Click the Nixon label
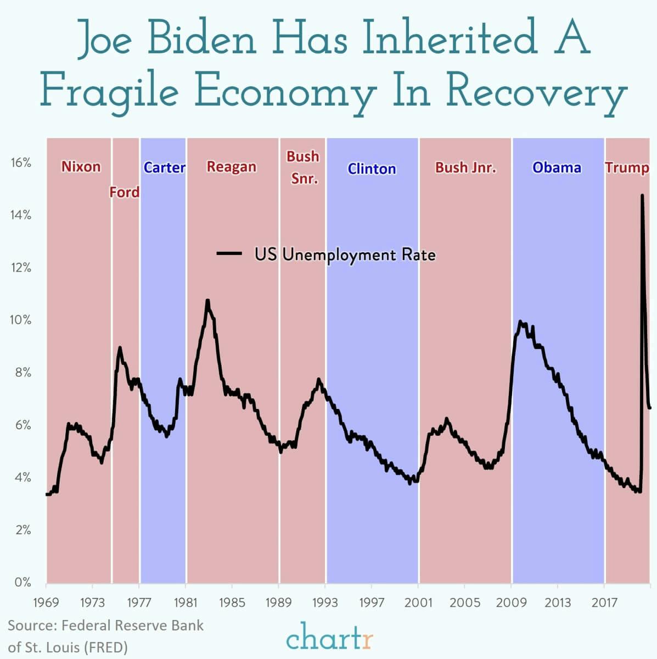81,167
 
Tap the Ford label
125,192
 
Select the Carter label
164,167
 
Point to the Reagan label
231,167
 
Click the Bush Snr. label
302,167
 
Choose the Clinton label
372,169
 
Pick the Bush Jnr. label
465,167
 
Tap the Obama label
557,167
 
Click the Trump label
627,168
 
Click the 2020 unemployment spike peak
642,195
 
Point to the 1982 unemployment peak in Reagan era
207,301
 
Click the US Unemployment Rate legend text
345,254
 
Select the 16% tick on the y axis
20,163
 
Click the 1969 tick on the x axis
46,602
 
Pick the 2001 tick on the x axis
418,602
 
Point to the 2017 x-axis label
604,602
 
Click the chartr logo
329,639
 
